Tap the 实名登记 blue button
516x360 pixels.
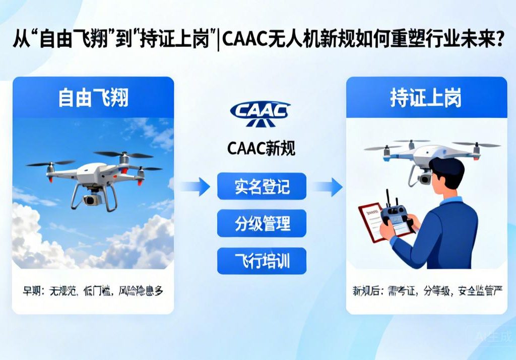[262, 187]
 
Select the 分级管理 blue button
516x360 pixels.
[262, 223]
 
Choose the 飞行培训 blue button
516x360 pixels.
[262, 261]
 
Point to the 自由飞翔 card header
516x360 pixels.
[93, 97]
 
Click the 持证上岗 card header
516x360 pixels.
[426, 97]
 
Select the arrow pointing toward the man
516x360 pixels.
[327, 187]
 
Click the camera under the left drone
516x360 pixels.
[91, 200]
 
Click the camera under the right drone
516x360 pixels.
[423, 178]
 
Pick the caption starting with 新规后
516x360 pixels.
[426, 290]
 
